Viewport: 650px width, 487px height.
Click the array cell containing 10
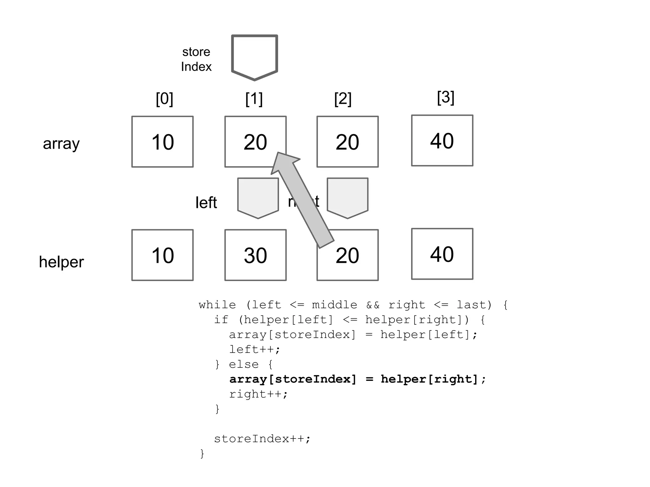tap(162, 142)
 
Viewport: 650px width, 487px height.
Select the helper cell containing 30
tap(255, 255)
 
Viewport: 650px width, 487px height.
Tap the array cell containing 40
tap(442, 140)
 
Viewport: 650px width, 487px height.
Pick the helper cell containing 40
tap(442, 254)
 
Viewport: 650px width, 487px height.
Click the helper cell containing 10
tap(162, 255)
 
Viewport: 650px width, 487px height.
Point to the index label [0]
tap(164, 99)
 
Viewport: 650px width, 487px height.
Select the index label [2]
tap(343, 99)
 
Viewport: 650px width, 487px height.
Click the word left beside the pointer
tap(206, 203)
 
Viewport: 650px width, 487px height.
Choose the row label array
tap(61, 144)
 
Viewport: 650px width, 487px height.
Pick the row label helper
tap(61, 262)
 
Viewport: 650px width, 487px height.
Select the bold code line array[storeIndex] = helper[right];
tap(357, 379)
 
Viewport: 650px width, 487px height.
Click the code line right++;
tap(258, 394)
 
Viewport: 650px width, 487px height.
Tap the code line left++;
tap(255, 349)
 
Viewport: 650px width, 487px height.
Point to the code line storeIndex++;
tap(262, 439)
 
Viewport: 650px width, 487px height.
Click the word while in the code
tap(217, 305)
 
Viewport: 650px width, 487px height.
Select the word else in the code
tap(244, 364)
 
